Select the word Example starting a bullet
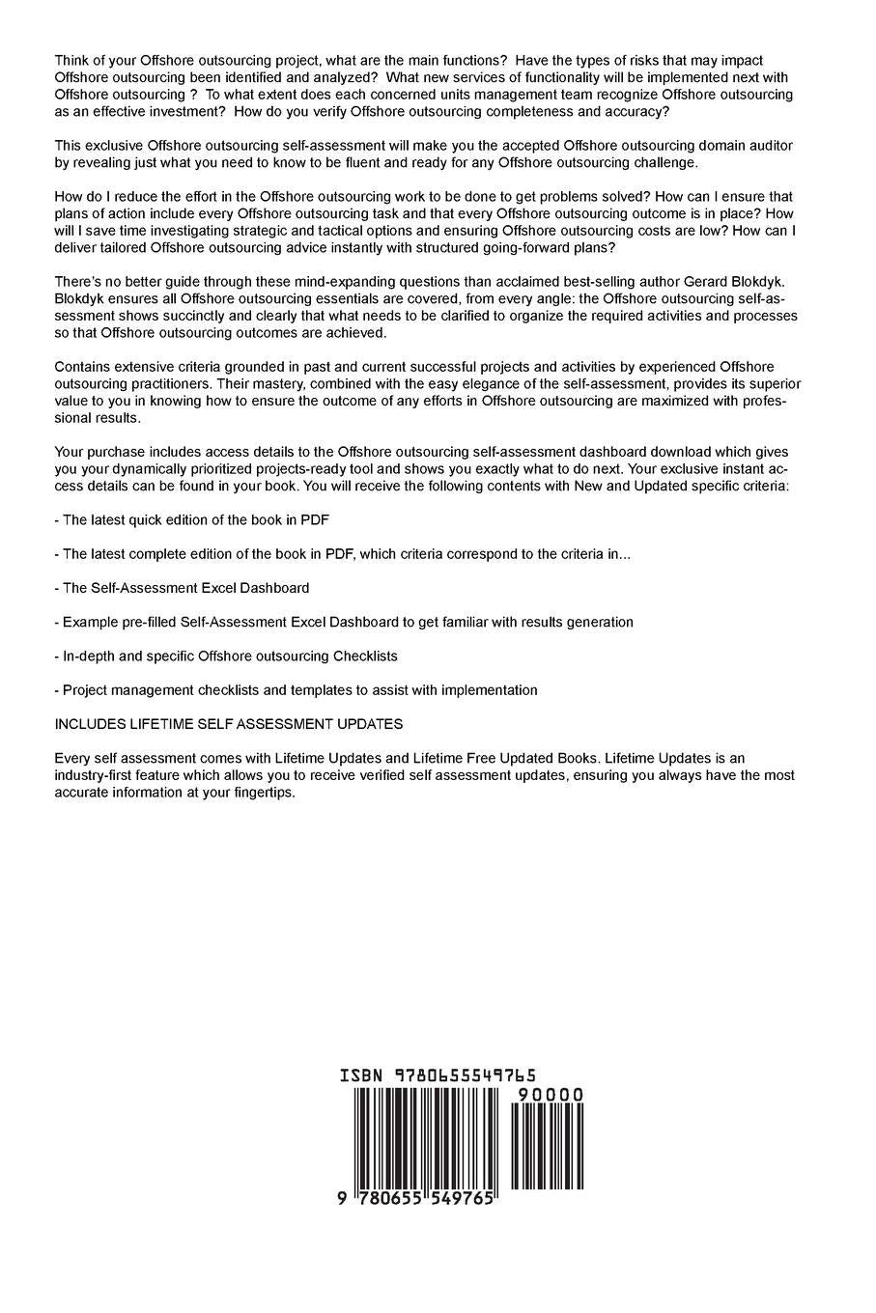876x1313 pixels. [x=90, y=622]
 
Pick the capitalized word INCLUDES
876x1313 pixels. [x=93, y=723]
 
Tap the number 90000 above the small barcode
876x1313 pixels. [x=550, y=1095]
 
